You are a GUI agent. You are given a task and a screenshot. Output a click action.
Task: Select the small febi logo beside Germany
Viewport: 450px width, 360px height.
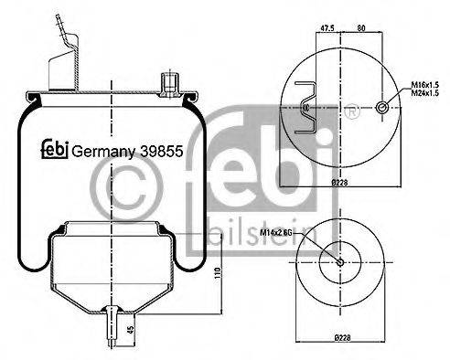coord(55,149)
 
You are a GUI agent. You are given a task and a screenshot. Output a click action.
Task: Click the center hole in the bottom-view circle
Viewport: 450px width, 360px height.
coord(340,264)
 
